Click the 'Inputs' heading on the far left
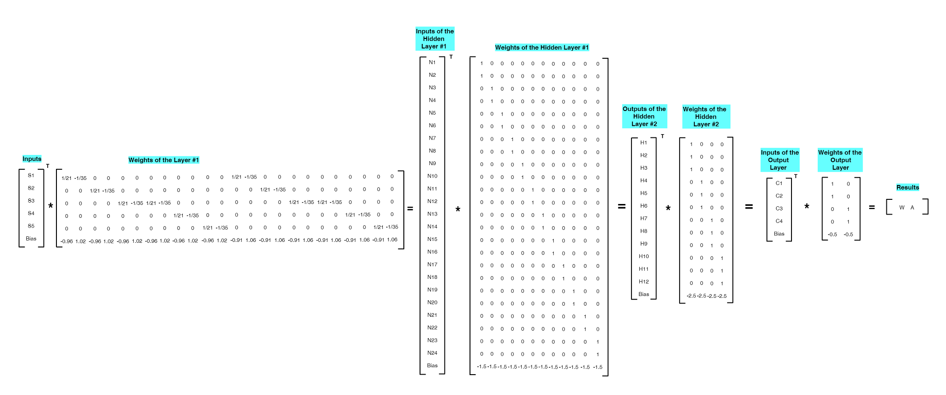[x=32, y=159]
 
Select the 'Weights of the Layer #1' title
[x=164, y=160]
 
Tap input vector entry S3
[x=31, y=201]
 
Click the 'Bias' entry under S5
[x=31, y=239]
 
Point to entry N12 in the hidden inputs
[x=432, y=201]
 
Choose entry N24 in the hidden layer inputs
[x=432, y=353]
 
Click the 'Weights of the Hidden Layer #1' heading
[x=542, y=48]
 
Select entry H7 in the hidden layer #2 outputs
[x=643, y=218]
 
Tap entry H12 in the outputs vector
[x=643, y=282]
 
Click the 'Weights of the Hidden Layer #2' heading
[x=705, y=117]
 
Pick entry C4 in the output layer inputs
[x=779, y=221]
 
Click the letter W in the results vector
[x=902, y=208]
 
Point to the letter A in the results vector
[x=912, y=208]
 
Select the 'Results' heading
[x=908, y=187]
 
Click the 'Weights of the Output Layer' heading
[x=840, y=160]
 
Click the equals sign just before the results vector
[x=872, y=208]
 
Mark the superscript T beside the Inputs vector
[x=48, y=166]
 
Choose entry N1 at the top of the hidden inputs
[x=432, y=62]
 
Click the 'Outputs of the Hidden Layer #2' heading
[x=644, y=117]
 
